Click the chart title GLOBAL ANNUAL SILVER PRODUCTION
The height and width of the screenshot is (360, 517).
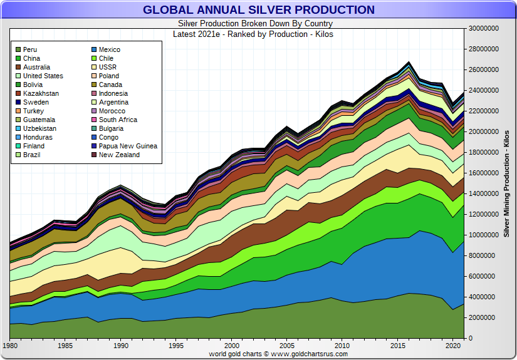(258, 10)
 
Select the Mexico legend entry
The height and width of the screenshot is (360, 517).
(109, 49)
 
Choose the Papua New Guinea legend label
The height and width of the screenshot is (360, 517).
(128, 146)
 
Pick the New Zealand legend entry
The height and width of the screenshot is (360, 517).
(119, 155)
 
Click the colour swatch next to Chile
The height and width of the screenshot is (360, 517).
(93, 58)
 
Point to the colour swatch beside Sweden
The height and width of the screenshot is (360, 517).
(18, 102)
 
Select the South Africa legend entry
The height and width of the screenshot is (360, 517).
(118, 120)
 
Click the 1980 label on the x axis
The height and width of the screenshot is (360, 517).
(10, 346)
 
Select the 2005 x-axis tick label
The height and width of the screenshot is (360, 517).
(287, 346)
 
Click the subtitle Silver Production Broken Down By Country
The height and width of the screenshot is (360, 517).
(258, 23)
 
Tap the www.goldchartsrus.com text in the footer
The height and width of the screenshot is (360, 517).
(310, 354)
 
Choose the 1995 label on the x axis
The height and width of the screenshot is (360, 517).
(176, 346)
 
